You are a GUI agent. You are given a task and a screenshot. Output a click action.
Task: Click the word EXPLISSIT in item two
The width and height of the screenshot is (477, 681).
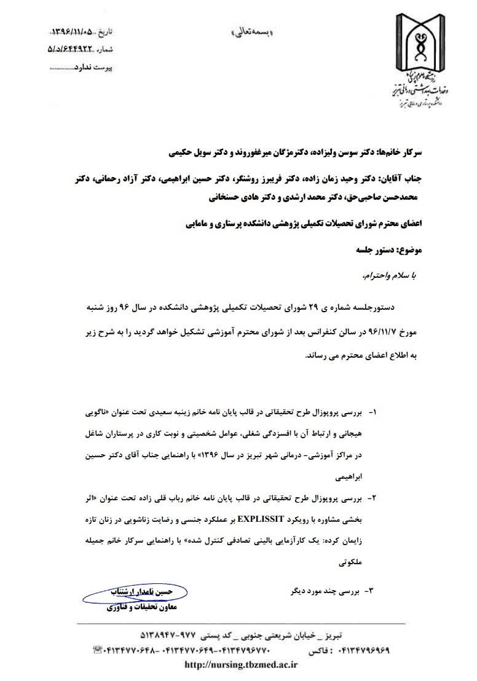pos(257,519)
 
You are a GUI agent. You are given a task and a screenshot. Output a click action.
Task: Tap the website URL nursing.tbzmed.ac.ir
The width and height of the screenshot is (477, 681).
pos(241,664)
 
